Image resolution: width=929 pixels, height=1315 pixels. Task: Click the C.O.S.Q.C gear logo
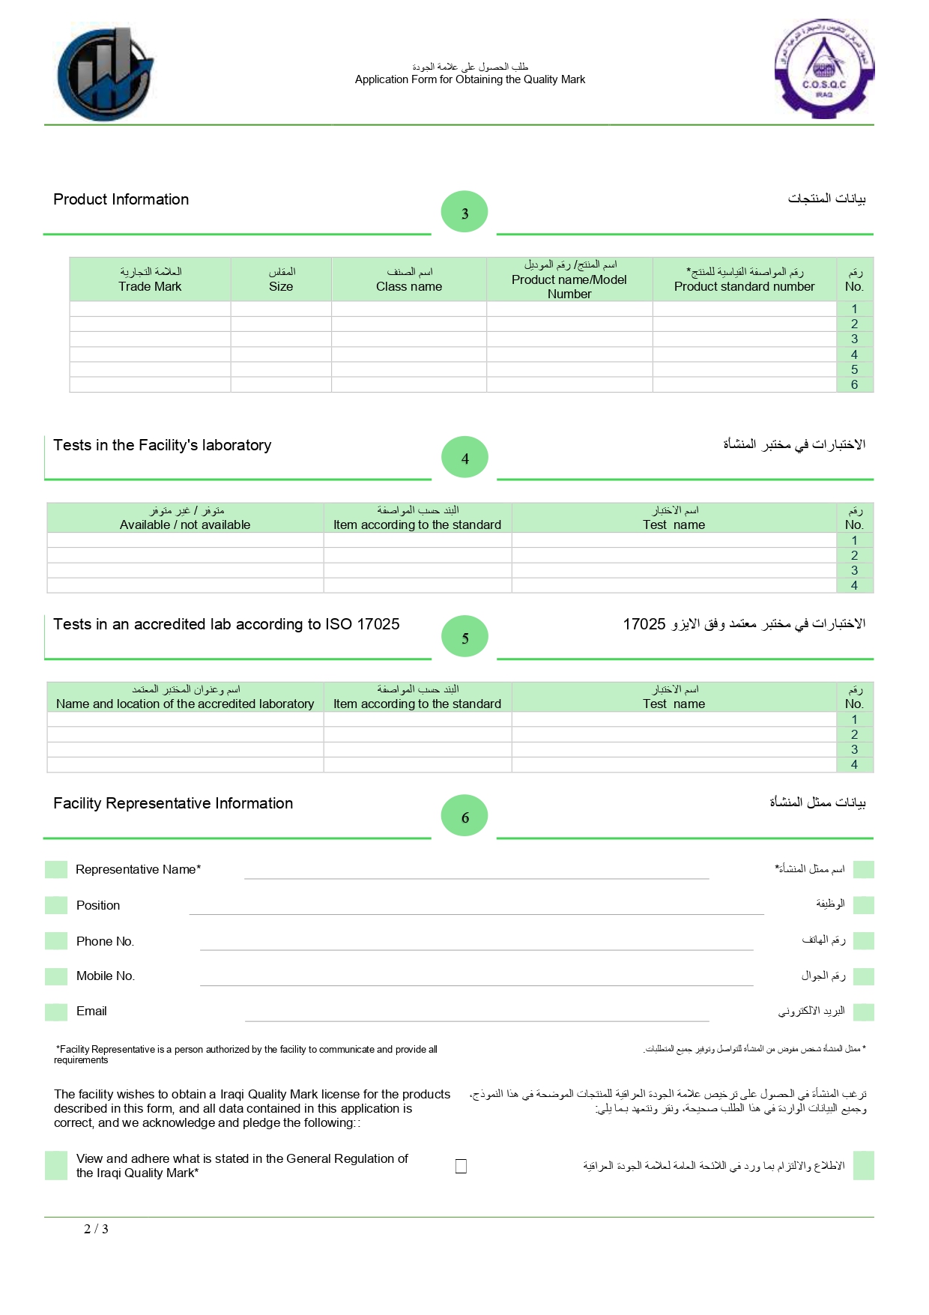(x=823, y=69)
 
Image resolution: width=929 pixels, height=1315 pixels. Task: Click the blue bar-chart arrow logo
(x=105, y=74)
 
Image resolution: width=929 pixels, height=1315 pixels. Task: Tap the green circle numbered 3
(x=464, y=212)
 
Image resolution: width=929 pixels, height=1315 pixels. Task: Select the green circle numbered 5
(x=464, y=637)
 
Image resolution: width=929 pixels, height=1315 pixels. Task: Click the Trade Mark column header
(x=150, y=279)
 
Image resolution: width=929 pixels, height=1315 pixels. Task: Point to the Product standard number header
(x=744, y=279)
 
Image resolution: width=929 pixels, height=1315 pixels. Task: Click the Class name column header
(x=409, y=279)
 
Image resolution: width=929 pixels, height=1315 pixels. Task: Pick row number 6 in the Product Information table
(x=854, y=384)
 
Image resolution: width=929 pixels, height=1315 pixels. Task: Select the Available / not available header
(x=185, y=518)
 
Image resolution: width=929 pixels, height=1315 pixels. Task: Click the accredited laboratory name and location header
(x=185, y=697)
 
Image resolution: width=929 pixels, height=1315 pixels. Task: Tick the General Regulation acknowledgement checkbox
(x=461, y=1166)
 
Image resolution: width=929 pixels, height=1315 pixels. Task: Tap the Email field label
(x=91, y=1012)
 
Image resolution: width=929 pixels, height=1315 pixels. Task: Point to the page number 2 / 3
(x=96, y=1229)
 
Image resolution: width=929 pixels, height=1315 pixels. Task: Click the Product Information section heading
(x=121, y=199)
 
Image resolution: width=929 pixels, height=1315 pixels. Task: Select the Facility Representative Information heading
(x=173, y=803)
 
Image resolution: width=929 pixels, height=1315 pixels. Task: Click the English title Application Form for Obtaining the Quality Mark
(x=470, y=79)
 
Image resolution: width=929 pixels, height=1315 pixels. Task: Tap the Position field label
(x=98, y=905)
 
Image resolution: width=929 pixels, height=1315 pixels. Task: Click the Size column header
(x=281, y=279)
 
